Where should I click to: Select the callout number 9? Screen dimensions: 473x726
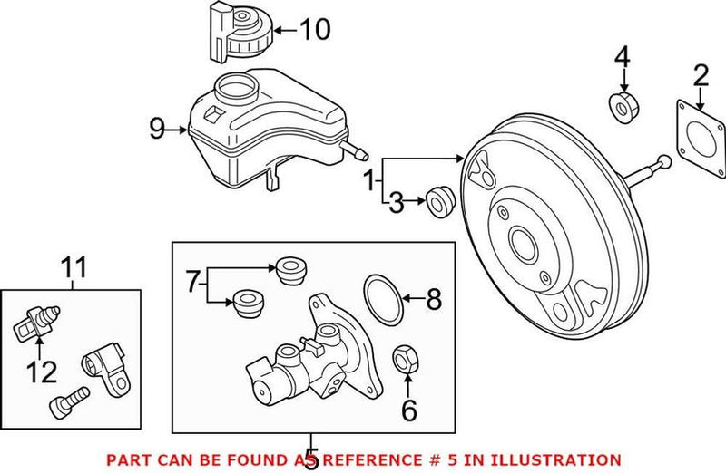pyautogui.click(x=156, y=130)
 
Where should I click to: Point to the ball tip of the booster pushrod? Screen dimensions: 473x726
pyautogui.click(x=665, y=163)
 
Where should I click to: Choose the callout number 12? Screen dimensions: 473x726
pyautogui.click(x=42, y=372)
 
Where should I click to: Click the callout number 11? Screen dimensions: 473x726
pyautogui.click(x=74, y=267)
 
